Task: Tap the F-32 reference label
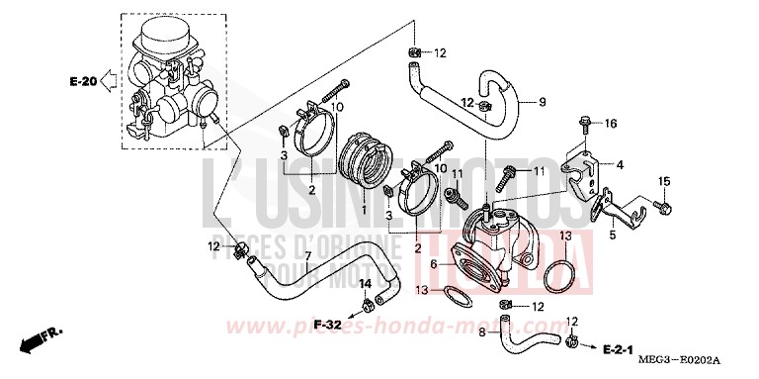(x=328, y=324)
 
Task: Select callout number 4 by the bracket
(x=620, y=164)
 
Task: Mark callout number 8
(x=482, y=333)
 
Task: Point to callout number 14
(x=366, y=285)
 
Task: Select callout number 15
(x=665, y=180)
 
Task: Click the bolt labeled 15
(x=663, y=208)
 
